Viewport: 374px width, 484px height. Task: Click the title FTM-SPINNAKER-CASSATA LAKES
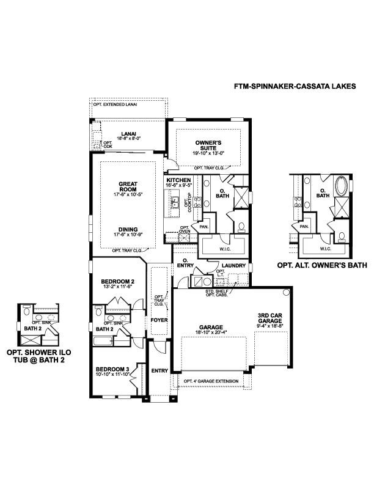(295, 86)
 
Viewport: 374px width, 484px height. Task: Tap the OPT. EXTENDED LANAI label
(115, 105)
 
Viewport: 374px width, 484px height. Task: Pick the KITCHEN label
(178, 180)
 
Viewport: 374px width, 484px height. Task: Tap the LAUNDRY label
(233, 266)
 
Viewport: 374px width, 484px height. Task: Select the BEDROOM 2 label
(117, 282)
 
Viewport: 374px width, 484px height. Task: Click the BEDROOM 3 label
(112, 369)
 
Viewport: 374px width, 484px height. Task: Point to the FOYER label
(159, 320)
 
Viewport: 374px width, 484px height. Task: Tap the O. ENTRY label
(185, 263)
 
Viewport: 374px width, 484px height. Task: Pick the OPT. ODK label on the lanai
(107, 144)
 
